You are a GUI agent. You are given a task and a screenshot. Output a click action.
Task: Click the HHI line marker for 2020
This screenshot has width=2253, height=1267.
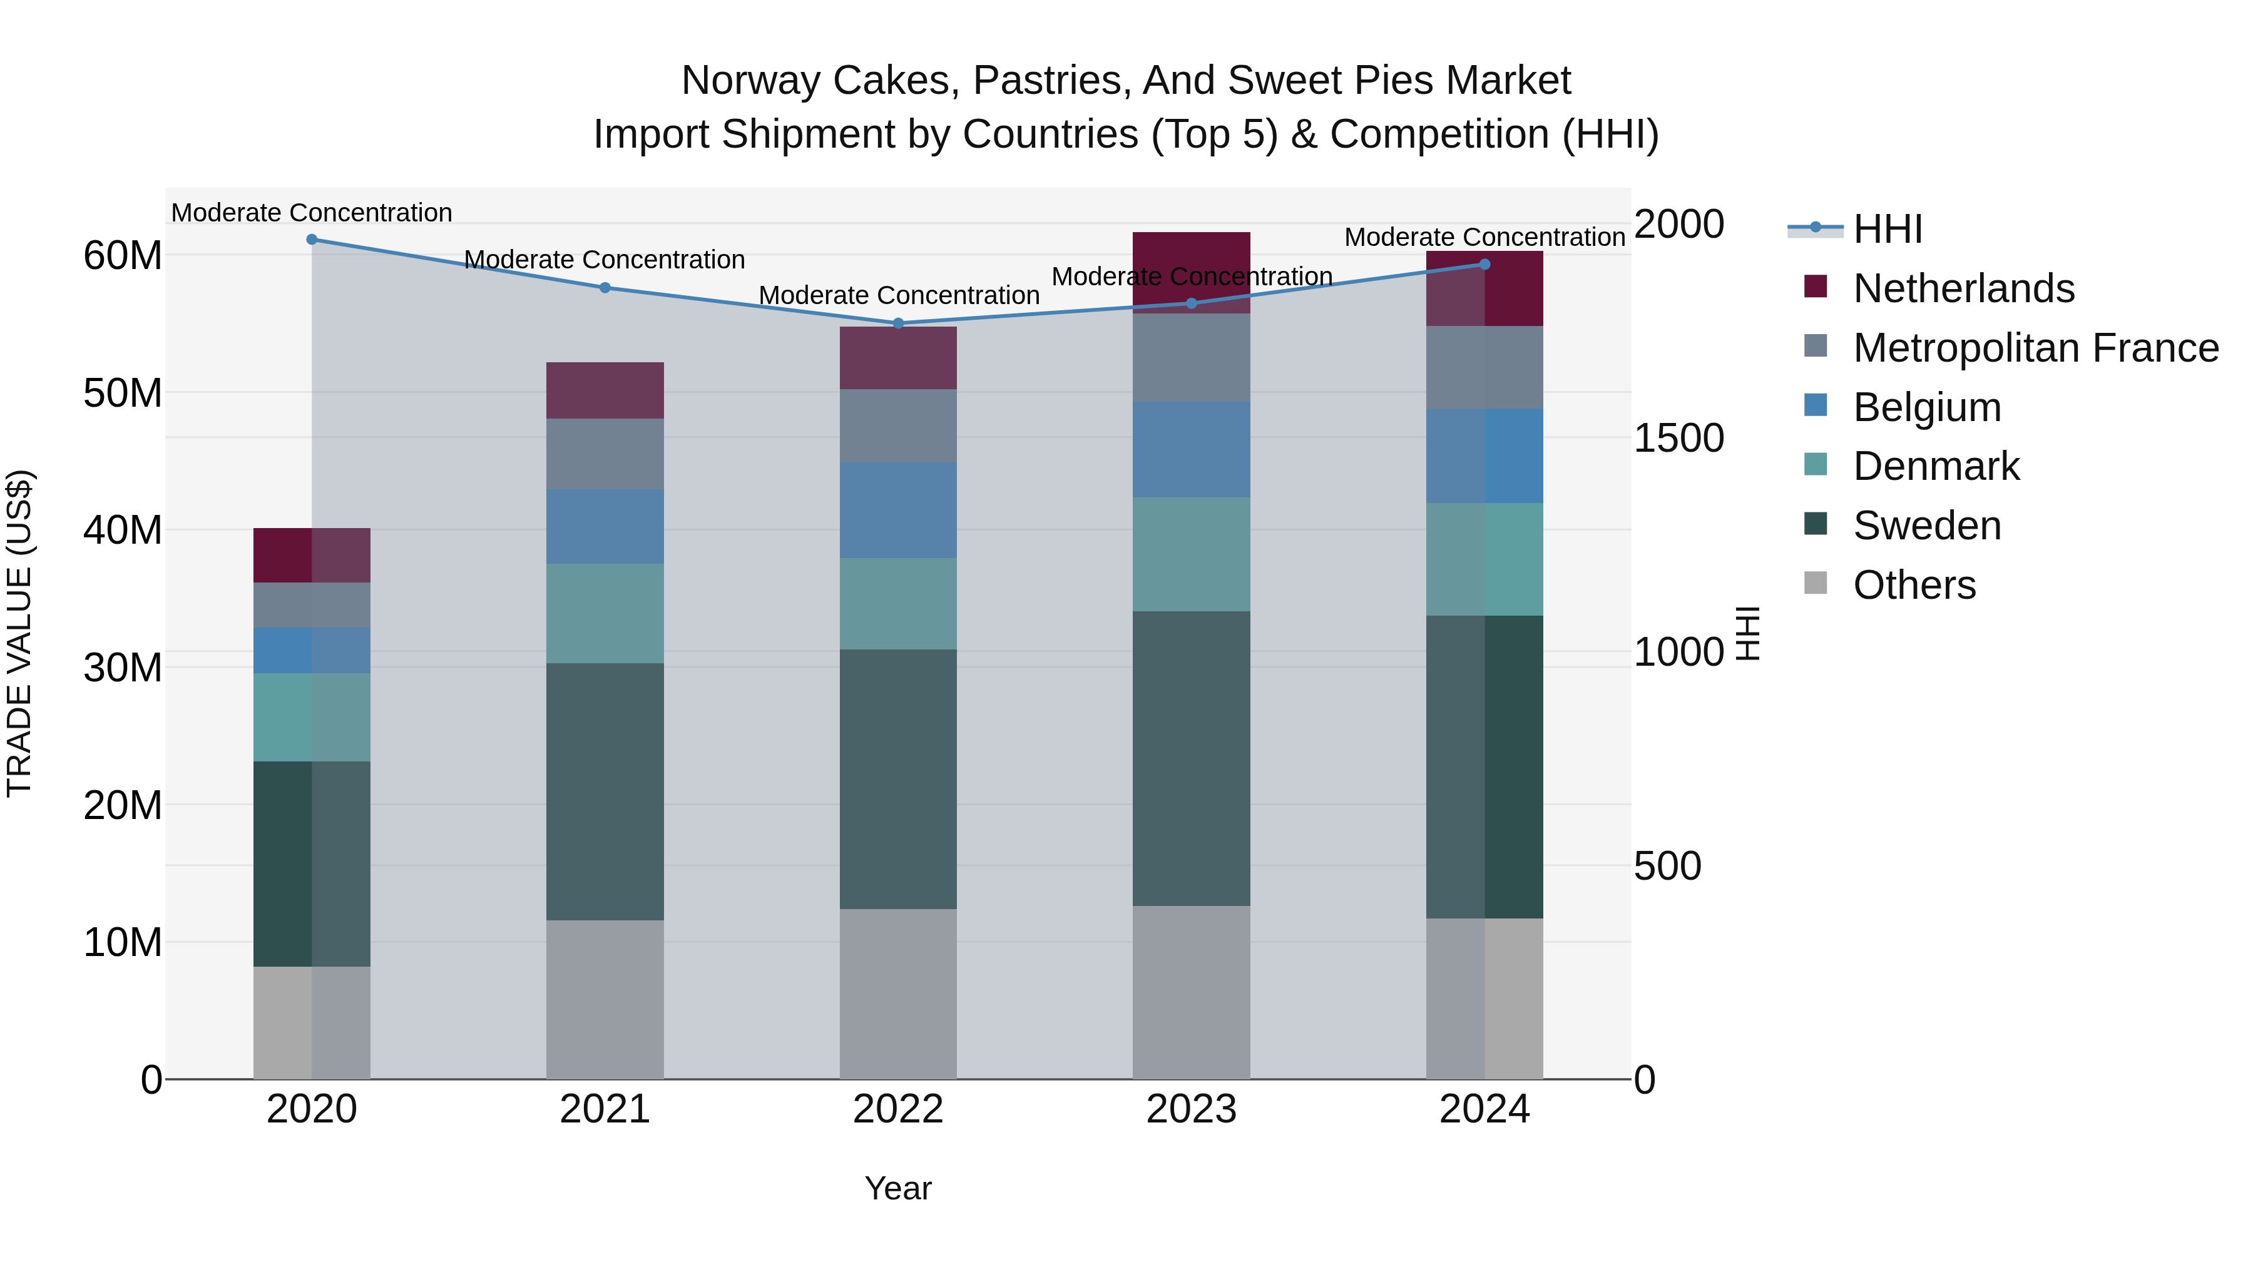point(312,240)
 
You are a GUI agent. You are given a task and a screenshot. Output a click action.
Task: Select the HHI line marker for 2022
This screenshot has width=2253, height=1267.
point(898,323)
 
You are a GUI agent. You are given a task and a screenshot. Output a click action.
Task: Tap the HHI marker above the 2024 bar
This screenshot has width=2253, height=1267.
point(1484,264)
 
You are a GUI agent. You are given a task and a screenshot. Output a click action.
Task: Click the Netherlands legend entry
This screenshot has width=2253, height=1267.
point(1963,288)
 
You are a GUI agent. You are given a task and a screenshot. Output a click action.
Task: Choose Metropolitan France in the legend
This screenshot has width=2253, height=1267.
point(2035,348)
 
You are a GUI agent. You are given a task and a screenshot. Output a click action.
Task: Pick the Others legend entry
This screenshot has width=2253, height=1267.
point(1914,585)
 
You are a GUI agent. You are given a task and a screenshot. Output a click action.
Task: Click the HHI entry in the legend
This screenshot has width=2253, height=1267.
point(1888,229)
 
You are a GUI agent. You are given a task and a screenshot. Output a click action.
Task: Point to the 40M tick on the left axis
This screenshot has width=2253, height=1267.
point(123,531)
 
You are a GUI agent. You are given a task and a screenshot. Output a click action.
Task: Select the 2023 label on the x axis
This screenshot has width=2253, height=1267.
point(1191,1109)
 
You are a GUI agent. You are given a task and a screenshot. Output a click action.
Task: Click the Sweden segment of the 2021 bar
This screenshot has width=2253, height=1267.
point(605,791)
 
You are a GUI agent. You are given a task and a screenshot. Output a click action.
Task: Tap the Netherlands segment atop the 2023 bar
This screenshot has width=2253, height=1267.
point(1191,253)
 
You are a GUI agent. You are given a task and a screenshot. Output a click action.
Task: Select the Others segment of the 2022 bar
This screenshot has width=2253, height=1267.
point(898,994)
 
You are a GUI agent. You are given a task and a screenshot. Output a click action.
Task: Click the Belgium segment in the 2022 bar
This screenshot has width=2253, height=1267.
point(898,511)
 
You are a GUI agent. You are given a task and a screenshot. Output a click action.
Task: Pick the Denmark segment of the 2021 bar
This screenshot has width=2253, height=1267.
point(605,613)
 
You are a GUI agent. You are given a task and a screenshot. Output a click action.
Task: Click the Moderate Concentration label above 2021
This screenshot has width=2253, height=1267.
point(605,260)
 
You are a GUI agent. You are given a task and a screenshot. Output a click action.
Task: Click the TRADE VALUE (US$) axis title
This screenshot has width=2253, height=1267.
point(19,633)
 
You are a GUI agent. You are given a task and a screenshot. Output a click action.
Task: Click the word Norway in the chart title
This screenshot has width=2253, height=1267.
point(751,81)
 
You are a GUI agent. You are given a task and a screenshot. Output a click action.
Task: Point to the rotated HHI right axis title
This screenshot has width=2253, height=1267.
point(1747,633)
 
